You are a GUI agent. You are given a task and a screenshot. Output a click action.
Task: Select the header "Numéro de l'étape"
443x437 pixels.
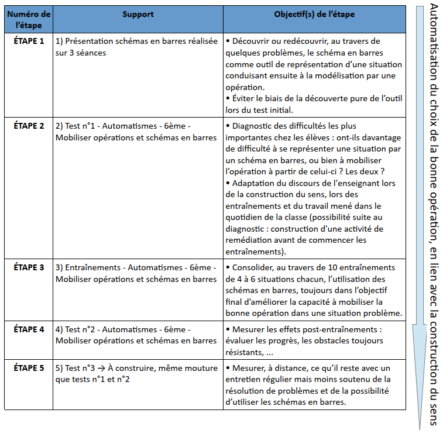click(x=29, y=19)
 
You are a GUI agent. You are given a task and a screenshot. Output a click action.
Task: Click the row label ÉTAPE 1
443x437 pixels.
click(x=29, y=41)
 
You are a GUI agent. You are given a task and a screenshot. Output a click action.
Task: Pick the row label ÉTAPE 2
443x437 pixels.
click(x=29, y=126)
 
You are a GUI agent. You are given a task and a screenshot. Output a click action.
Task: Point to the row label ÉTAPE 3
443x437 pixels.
click(x=29, y=267)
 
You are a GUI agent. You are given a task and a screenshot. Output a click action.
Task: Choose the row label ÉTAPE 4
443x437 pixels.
click(x=29, y=329)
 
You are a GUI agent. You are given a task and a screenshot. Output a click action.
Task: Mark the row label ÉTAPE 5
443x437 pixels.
click(x=29, y=368)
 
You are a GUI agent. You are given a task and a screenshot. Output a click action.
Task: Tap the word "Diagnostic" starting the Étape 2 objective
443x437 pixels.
click(x=254, y=126)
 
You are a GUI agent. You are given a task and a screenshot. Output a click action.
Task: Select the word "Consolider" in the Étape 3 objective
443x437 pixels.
click(x=255, y=267)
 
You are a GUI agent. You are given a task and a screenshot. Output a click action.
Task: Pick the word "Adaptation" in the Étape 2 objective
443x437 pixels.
click(x=255, y=183)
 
